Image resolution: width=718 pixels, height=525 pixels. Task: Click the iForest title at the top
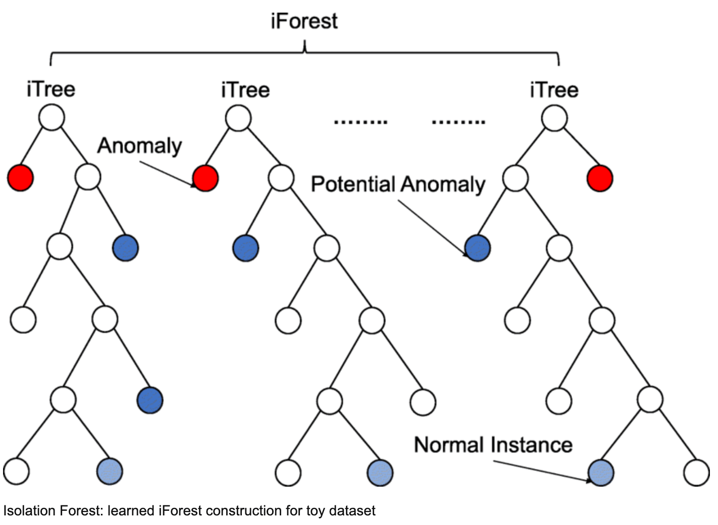(304, 21)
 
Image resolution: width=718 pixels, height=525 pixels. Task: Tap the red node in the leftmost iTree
(20, 178)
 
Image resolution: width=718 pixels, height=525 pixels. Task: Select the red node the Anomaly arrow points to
(206, 178)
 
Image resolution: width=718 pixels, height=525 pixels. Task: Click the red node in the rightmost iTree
(600, 178)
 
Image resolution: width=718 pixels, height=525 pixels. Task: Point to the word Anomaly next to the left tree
(139, 146)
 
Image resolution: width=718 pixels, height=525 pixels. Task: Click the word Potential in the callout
(352, 184)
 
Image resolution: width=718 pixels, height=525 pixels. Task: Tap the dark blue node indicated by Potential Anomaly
(477, 248)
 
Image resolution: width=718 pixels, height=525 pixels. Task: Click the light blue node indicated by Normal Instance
(601, 473)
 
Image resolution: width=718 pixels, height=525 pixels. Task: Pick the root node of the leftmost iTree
(52, 118)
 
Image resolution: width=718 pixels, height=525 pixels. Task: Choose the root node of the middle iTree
(238, 119)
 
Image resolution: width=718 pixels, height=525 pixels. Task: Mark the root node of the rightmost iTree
(554, 119)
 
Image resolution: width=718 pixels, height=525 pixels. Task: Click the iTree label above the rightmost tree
(554, 90)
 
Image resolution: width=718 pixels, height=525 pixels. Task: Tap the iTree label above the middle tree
(245, 90)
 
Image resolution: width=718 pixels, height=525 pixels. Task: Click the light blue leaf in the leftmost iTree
(110, 471)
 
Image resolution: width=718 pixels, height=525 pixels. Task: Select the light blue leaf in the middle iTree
(380, 473)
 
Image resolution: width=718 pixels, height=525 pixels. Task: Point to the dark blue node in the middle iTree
(246, 248)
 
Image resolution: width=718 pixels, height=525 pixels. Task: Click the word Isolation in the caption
(28, 511)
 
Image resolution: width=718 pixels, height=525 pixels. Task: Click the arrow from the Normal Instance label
(540, 470)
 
